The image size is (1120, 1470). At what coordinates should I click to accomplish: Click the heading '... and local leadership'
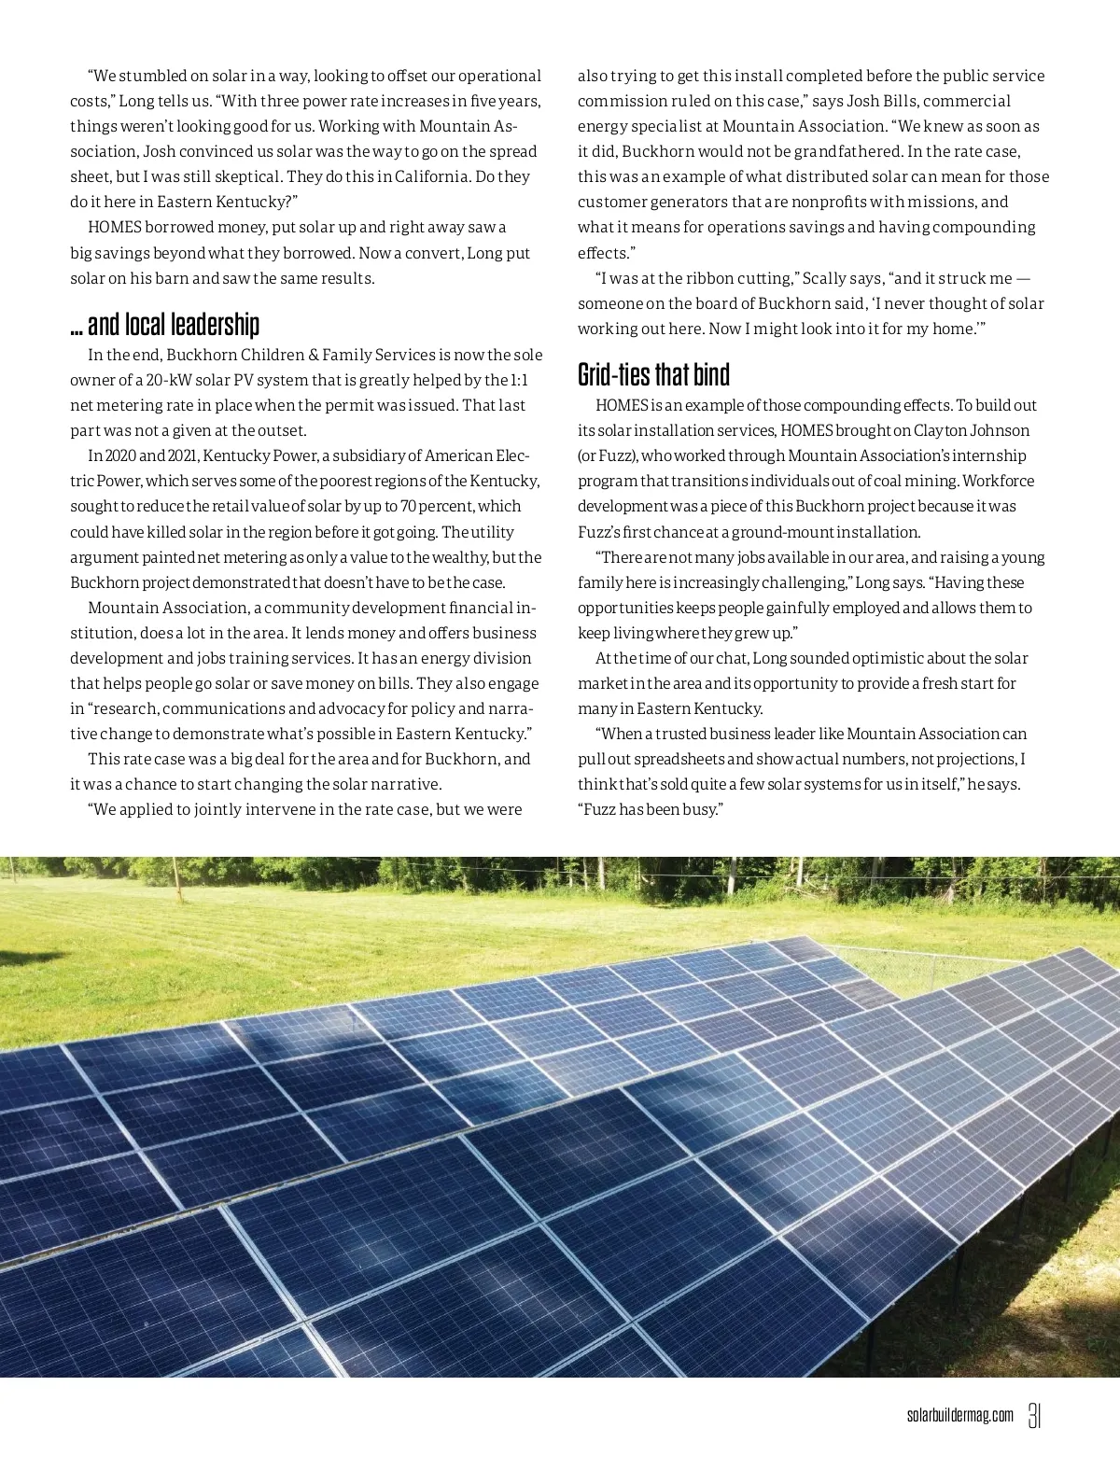click(x=164, y=325)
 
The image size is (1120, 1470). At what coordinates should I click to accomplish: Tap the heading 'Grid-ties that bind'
click(x=653, y=375)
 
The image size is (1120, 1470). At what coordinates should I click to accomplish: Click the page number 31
click(x=1034, y=1415)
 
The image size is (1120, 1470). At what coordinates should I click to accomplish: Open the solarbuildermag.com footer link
click(x=959, y=1416)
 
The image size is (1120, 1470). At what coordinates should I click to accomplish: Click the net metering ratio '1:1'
click(x=519, y=380)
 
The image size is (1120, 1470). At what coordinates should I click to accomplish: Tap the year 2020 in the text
click(x=120, y=456)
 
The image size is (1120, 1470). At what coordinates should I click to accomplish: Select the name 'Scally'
click(x=824, y=278)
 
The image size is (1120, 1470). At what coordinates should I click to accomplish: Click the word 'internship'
click(x=989, y=456)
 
